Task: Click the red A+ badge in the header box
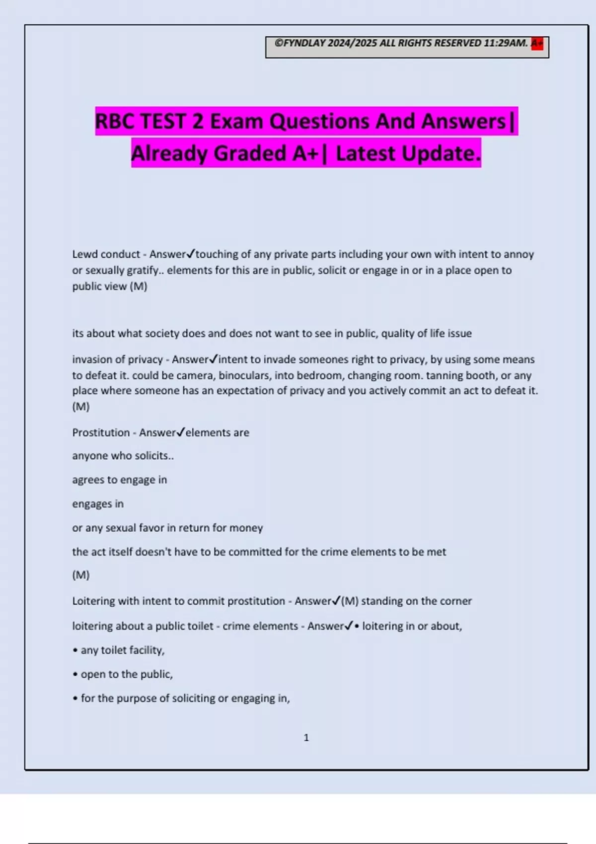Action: (x=537, y=44)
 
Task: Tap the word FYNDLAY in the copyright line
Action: (x=304, y=43)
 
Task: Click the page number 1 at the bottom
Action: (x=306, y=738)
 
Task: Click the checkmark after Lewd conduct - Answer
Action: (x=191, y=254)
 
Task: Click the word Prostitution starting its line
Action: (x=101, y=432)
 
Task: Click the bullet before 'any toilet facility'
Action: (x=75, y=650)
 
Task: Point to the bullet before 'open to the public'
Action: (x=75, y=674)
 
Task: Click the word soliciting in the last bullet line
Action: (x=197, y=698)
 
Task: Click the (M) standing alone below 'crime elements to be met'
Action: (x=81, y=575)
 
